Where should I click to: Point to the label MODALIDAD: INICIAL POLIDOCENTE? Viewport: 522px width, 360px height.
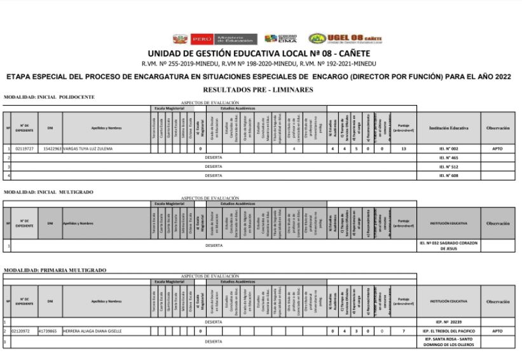(x=49, y=97)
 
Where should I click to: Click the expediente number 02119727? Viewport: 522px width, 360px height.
(x=24, y=148)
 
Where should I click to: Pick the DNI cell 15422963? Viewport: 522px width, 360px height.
(x=51, y=148)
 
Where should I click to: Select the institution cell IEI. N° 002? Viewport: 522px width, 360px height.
(x=449, y=148)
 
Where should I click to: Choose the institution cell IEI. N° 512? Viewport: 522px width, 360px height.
(x=449, y=166)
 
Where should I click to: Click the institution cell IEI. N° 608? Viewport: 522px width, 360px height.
(x=449, y=175)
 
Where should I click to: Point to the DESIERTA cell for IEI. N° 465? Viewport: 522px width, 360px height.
(x=213, y=157)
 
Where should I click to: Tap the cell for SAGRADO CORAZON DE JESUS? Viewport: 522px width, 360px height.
(x=449, y=245)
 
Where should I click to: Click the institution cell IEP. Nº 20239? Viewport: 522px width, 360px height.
(x=449, y=322)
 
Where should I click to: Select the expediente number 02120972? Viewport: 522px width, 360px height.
(x=24, y=331)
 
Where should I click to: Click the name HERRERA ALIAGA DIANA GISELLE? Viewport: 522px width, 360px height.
(x=92, y=331)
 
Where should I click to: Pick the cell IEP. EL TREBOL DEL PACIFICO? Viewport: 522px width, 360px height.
(x=449, y=331)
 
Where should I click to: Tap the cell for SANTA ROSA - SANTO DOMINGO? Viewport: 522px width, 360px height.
(x=449, y=342)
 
